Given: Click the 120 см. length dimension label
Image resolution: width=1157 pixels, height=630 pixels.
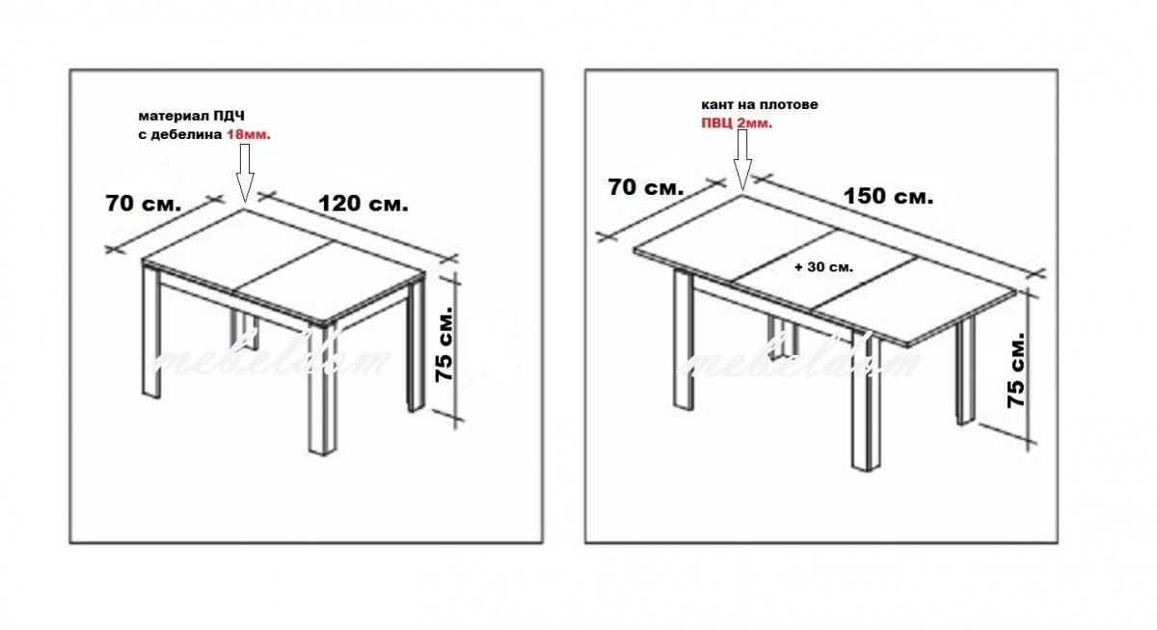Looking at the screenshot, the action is [363, 204].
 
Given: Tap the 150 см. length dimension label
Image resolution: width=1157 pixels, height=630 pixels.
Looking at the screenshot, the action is [888, 197].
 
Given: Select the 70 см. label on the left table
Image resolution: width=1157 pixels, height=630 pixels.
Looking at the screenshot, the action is [144, 204].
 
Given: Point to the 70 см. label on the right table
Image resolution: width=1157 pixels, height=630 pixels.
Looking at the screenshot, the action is [646, 187].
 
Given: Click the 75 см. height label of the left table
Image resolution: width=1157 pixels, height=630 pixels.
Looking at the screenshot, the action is [444, 343].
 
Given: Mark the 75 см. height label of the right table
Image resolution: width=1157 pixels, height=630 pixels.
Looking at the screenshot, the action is [1015, 370].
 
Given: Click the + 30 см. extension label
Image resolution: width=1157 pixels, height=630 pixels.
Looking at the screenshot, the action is [823, 267].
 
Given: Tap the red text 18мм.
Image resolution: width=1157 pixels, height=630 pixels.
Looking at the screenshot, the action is [249, 134].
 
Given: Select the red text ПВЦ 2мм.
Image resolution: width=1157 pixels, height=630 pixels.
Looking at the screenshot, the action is [737, 123].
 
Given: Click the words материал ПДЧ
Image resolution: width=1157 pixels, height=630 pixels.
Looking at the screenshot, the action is [191, 116].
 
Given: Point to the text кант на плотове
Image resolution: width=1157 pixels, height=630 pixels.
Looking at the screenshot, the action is [760, 104].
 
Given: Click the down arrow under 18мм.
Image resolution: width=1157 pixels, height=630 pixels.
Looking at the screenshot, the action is [245, 173].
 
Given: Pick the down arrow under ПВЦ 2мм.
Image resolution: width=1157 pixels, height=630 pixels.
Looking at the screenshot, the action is [742, 160].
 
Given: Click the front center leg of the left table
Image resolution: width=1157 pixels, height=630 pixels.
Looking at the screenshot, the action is [322, 390].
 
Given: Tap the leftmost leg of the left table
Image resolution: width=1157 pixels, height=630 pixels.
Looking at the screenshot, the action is [150, 334].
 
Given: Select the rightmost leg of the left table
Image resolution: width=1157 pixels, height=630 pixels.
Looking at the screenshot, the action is [417, 346].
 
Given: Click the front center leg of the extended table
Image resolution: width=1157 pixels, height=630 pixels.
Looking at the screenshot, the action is [866, 400].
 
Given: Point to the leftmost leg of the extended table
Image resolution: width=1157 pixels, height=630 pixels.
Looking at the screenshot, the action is [684, 342].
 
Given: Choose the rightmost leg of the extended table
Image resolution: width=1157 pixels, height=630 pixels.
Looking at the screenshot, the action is [965, 370].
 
